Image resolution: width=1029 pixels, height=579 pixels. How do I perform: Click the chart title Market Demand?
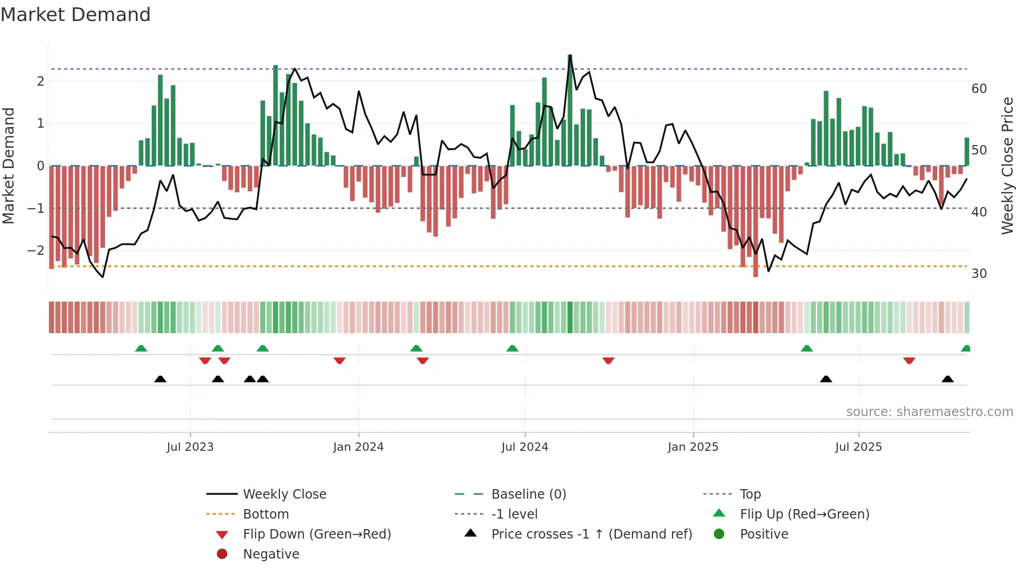tap(76, 15)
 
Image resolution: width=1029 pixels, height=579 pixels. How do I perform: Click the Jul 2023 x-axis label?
tap(190, 447)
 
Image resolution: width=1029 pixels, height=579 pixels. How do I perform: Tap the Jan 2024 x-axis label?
tap(358, 447)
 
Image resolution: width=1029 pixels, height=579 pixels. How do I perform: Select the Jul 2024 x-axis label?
tap(524, 447)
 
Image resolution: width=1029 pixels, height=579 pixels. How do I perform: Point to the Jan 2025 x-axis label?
tap(692, 447)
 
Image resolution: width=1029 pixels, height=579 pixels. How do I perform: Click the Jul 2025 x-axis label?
tap(858, 447)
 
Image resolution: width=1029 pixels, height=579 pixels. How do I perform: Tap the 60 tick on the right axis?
tap(979, 89)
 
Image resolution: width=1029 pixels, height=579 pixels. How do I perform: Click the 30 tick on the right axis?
tap(979, 274)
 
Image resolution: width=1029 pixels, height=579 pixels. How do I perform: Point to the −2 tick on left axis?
tap(36, 251)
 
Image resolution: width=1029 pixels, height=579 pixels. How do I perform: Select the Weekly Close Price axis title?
tap(1007, 166)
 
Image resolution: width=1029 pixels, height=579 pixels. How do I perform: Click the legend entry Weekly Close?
tap(284, 494)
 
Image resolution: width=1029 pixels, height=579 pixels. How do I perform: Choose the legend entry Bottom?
tap(266, 514)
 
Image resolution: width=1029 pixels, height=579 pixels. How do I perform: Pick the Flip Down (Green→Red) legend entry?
tap(317, 534)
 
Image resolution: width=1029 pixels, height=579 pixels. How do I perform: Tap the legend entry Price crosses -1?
tap(591, 534)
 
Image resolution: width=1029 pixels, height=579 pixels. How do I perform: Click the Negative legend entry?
tap(271, 554)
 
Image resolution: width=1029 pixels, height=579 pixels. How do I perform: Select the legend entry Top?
tap(750, 494)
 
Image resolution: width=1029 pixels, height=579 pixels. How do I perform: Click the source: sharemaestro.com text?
tap(929, 412)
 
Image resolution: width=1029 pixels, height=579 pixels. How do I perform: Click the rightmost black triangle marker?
tap(947, 379)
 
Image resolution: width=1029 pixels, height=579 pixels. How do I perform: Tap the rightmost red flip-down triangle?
tap(909, 360)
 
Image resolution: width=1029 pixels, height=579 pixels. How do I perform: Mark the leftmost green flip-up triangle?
tap(141, 348)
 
